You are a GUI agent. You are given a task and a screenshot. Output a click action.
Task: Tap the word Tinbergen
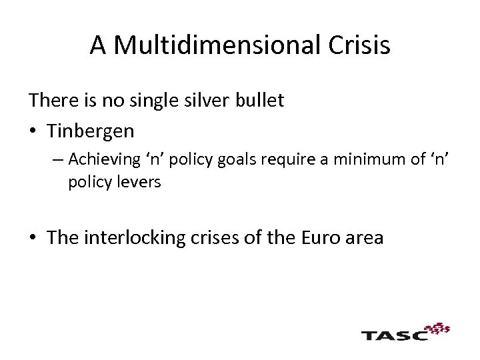tap(91, 131)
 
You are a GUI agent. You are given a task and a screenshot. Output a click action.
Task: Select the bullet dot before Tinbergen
tap(33, 131)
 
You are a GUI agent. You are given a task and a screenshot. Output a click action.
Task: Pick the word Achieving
tap(104, 159)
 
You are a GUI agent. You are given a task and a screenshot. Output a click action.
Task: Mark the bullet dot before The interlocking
tap(33, 239)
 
